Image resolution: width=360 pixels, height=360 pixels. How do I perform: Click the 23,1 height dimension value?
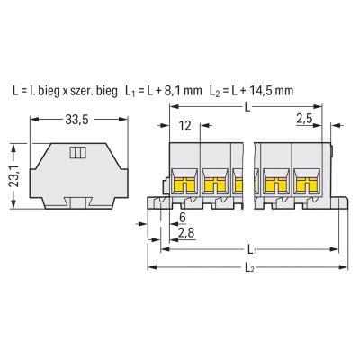[14, 175]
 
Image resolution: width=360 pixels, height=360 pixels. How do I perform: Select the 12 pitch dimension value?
[186, 125]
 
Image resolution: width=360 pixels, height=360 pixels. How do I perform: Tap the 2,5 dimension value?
[304, 119]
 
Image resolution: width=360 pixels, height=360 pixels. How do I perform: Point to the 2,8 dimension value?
[186, 232]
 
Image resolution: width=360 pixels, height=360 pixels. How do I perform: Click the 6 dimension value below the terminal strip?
[182, 218]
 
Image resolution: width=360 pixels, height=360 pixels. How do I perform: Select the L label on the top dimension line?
[247, 107]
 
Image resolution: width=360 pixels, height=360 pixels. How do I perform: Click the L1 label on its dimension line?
[252, 249]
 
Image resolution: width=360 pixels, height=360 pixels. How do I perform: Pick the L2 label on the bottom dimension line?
[249, 267]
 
